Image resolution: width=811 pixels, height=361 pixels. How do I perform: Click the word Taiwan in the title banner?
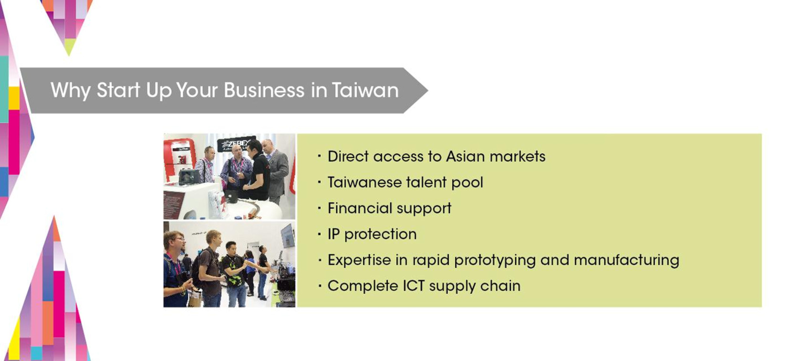pyautogui.click(x=365, y=90)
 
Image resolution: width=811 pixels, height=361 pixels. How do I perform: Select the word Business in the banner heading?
pyautogui.click(x=264, y=90)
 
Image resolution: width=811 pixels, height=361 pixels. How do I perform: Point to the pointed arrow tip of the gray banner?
pyautogui.click(x=427, y=91)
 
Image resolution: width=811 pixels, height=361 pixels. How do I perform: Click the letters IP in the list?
pyautogui.click(x=333, y=234)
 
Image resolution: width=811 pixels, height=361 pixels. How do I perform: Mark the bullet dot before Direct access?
pyautogui.click(x=319, y=156)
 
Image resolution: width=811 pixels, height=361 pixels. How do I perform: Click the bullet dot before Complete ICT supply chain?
pyautogui.click(x=319, y=286)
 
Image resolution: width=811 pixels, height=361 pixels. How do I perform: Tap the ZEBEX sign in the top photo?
pyautogui.click(x=236, y=144)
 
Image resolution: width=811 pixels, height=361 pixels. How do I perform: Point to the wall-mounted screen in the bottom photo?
pyautogui.click(x=288, y=236)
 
